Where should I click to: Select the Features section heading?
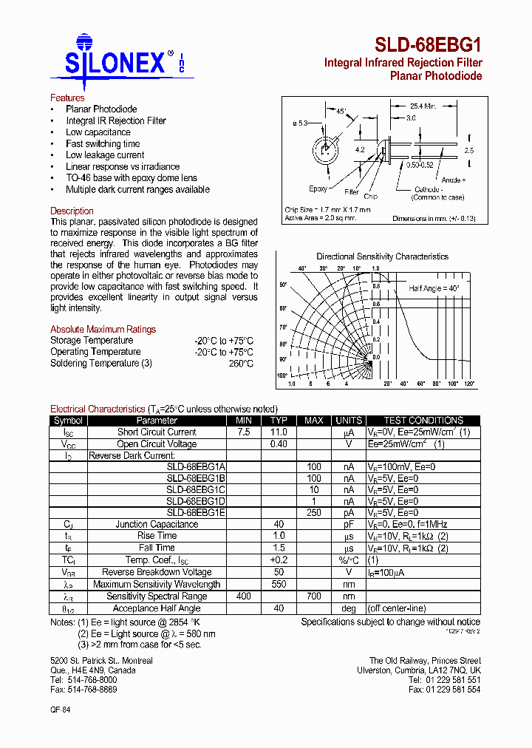[x=67, y=98]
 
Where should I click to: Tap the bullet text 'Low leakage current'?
[x=105, y=155]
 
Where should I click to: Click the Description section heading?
[x=72, y=211]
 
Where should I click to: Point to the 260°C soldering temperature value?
[x=241, y=364]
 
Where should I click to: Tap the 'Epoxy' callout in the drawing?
[x=318, y=188]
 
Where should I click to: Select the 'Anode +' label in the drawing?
[x=452, y=180]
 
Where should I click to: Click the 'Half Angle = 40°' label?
[x=434, y=288]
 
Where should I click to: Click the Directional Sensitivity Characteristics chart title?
[x=382, y=256]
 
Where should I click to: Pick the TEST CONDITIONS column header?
[x=423, y=421]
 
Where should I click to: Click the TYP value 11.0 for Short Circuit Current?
[x=278, y=432]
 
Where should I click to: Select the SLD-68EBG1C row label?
[x=196, y=489]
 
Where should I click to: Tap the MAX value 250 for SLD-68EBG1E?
[x=313, y=512]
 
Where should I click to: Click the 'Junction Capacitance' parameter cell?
[x=157, y=524]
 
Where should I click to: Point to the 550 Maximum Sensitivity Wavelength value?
[x=278, y=584]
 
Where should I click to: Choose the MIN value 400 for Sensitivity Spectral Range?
[x=243, y=596]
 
